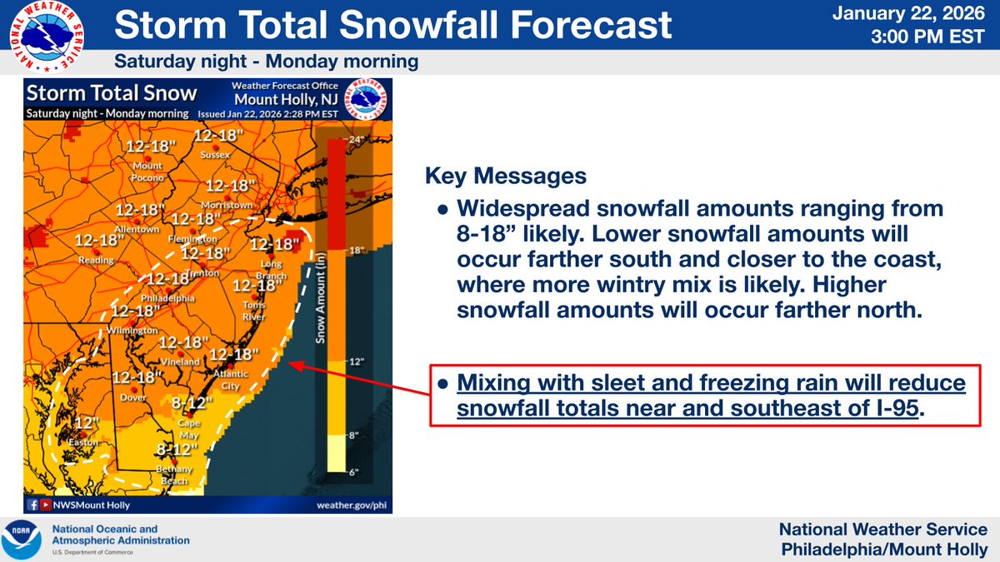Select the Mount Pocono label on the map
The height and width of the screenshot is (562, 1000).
[x=148, y=172]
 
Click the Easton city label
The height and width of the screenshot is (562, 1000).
[x=83, y=442]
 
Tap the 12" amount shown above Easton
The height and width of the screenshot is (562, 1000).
[x=84, y=422]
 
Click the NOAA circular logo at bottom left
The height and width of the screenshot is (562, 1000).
[x=22, y=539]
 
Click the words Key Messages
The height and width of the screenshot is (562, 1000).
[x=505, y=177]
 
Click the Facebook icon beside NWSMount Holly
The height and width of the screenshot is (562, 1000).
[x=32, y=505]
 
